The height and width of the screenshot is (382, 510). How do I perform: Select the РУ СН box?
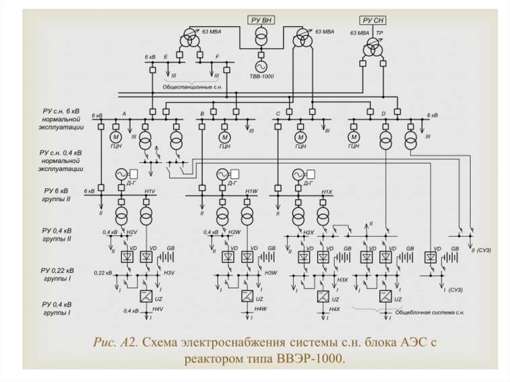click(373, 20)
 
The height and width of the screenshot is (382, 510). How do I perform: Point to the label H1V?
click(150, 192)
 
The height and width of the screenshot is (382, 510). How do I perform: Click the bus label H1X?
click(327, 192)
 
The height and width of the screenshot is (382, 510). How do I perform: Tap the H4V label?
click(158, 310)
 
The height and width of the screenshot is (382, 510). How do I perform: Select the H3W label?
click(270, 272)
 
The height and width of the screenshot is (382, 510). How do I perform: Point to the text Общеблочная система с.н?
click(429, 313)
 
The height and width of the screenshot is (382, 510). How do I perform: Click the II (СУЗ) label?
click(481, 250)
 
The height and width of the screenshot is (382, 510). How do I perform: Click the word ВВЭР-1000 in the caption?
click(312, 359)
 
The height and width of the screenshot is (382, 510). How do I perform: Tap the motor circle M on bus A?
click(115, 137)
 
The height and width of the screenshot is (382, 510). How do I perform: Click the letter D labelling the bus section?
click(383, 115)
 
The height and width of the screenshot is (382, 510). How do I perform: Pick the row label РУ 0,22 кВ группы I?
click(56, 274)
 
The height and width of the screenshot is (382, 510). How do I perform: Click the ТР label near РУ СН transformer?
click(380, 33)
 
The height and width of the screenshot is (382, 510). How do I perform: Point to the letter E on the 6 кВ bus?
click(165, 58)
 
